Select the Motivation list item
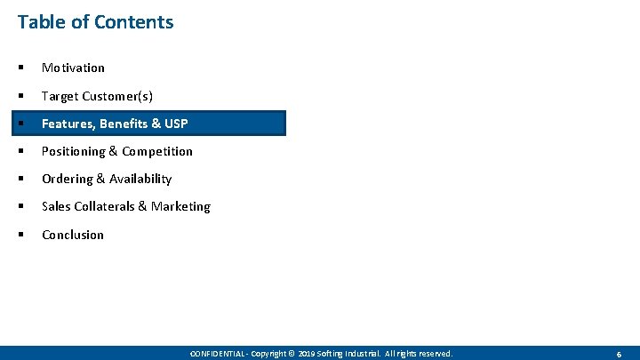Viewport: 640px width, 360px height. pyautogui.click(x=73, y=68)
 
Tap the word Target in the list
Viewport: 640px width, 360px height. pyautogui.click(x=60, y=96)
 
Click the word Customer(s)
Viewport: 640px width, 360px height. pyautogui.click(x=117, y=96)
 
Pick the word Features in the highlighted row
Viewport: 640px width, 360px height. pyautogui.click(x=67, y=124)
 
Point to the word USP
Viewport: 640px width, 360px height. pyautogui.click(x=175, y=124)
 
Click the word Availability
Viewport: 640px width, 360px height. pyautogui.click(x=140, y=179)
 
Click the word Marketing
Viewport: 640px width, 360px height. pyautogui.click(x=180, y=206)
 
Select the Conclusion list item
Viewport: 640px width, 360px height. pyautogui.click(x=73, y=235)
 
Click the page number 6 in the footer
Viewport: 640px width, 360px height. pyautogui.click(x=619, y=354)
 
